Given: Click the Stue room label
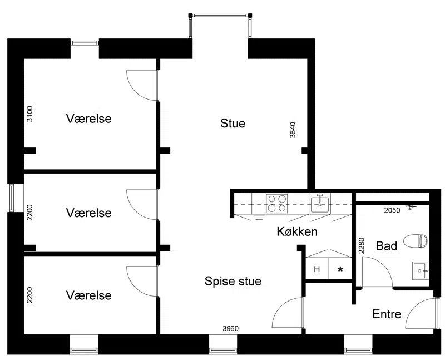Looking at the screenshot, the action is coord(233,124).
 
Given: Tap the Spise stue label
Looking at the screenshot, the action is coord(233,282).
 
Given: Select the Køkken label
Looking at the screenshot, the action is coord(297,232).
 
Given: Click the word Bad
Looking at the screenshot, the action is coord(387,246).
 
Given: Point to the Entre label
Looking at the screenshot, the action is coord(387,314).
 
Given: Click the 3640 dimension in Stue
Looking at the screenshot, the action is coord(293,130).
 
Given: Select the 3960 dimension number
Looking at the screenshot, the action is coord(230,328).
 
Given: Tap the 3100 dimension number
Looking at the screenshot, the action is coord(29,114).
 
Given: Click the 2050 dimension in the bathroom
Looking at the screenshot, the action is coord(392,210).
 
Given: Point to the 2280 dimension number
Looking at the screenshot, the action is coord(361,245).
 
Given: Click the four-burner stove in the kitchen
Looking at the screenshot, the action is coord(277,203).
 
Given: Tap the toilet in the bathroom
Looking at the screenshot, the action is coord(416,241).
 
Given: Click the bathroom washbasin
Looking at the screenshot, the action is coord(421,270).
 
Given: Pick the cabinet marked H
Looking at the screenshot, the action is coord(317,269).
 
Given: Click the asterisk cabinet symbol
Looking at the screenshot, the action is coord(340,269).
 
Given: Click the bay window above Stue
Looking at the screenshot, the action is coord(220,16).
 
